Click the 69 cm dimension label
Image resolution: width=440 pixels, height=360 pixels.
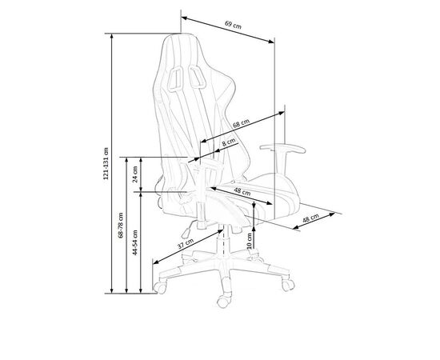click(233, 25)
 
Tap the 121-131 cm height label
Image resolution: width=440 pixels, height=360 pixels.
click(106, 163)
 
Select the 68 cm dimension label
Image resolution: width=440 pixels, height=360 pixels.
click(241, 123)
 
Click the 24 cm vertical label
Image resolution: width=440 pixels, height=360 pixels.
click(135, 174)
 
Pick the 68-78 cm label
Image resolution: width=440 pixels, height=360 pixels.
click(120, 226)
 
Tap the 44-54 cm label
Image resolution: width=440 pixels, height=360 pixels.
click(135, 242)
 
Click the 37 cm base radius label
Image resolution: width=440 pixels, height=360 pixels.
click(186, 244)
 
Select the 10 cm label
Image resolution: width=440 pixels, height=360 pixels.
click(250, 241)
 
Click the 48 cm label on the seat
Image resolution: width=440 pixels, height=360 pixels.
click(242, 192)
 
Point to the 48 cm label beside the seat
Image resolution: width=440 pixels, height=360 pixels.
click(310, 218)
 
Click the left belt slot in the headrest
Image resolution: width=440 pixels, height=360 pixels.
click(176, 79)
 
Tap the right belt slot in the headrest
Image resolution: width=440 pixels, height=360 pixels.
click(197, 77)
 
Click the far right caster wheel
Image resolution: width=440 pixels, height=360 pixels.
click(288, 285)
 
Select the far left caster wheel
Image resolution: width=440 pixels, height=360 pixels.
click(160, 288)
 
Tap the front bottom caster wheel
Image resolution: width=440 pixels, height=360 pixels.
click(223, 302)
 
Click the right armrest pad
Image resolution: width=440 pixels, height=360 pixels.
click(282, 148)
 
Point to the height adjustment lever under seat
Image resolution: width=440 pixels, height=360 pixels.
click(189, 229)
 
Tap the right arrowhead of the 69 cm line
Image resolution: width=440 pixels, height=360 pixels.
click(271, 42)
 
